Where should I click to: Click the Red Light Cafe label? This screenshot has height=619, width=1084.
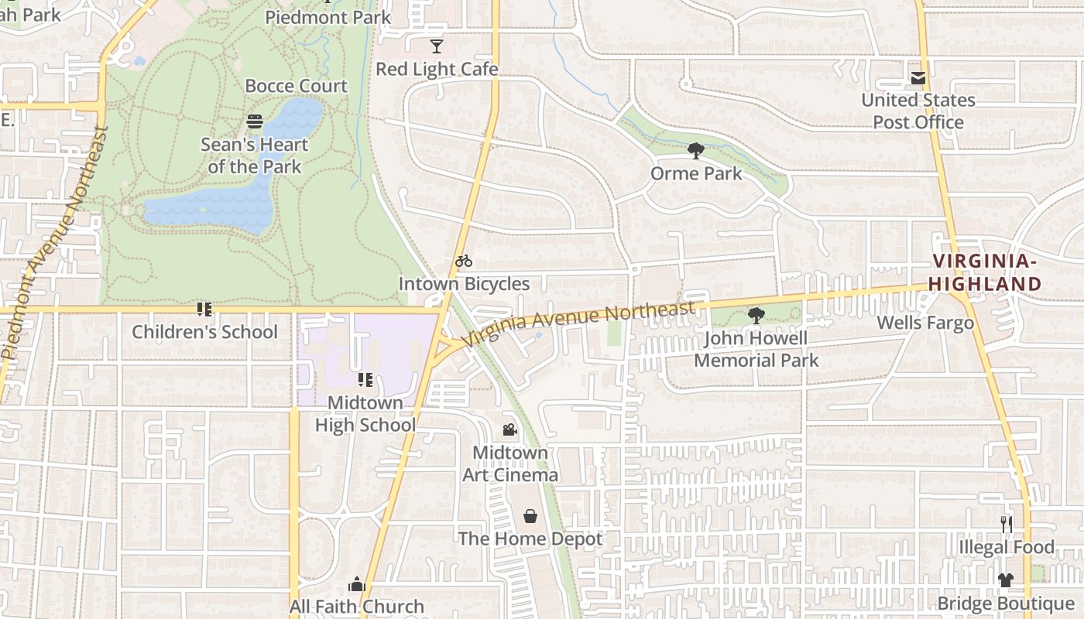(437, 69)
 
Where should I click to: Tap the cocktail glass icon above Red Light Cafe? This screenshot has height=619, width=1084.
(437, 46)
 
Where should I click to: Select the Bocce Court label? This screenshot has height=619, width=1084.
(296, 86)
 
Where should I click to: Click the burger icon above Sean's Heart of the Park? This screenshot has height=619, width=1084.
(255, 121)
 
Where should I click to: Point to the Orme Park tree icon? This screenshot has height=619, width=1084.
(695, 150)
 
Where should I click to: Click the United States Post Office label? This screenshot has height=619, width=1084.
(918, 111)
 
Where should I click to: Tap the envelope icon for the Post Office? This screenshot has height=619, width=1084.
(918, 78)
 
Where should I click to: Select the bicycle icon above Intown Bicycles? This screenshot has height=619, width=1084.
(464, 262)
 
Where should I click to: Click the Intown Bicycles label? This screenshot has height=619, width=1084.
(464, 284)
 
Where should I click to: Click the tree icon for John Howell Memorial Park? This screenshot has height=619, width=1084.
(756, 316)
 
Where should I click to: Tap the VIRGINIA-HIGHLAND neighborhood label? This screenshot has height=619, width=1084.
(985, 272)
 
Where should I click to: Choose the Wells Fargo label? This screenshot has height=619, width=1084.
(925, 323)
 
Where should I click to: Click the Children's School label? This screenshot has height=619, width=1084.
(204, 332)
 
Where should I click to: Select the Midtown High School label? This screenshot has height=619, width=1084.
(365, 414)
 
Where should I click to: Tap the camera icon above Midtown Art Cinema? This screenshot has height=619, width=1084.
(509, 429)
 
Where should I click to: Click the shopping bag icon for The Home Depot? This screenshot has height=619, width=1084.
(530, 516)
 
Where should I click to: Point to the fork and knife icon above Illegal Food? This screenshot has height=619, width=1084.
(1006, 525)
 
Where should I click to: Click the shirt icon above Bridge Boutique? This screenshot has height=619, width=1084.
(1006, 580)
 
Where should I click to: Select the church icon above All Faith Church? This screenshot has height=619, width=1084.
(357, 584)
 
